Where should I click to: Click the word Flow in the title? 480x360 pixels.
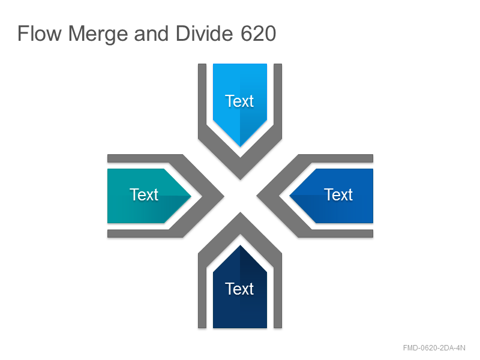pyautogui.click(x=40, y=34)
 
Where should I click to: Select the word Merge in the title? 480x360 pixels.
pyautogui.click(x=98, y=34)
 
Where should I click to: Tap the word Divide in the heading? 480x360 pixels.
pyautogui.click(x=205, y=34)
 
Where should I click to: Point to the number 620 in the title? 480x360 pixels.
pyautogui.click(x=259, y=34)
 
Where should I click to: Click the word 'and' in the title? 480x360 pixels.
pyautogui.click(x=151, y=34)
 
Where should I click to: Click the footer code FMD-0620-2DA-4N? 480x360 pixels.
pyautogui.click(x=434, y=348)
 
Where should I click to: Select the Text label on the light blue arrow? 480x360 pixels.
pyautogui.click(x=239, y=101)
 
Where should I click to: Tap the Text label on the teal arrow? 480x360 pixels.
pyautogui.click(x=144, y=194)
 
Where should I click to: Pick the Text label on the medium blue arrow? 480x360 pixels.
pyautogui.click(x=338, y=194)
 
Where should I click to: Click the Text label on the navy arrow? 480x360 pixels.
pyautogui.click(x=239, y=289)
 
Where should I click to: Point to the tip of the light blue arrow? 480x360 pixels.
pyautogui.click(x=240, y=146)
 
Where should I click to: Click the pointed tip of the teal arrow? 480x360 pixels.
pyautogui.click(x=191, y=196)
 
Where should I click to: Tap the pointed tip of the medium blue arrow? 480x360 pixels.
pyautogui.click(x=290, y=196)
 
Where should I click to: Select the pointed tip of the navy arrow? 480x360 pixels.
pyautogui.click(x=240, y=245)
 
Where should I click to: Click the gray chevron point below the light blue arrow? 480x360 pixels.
pyautogui.click(x=241, y=179)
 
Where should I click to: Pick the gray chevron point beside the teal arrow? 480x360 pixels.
pyautogui.click(x=224, y=196)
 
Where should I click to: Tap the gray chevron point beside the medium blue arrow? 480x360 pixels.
pyautogui.click(x=257, y=196)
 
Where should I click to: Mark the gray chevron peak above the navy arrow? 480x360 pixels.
pyautogui.click(x=241, y=212)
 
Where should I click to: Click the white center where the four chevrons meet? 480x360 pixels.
pyautogui.click(x=241, y=196)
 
